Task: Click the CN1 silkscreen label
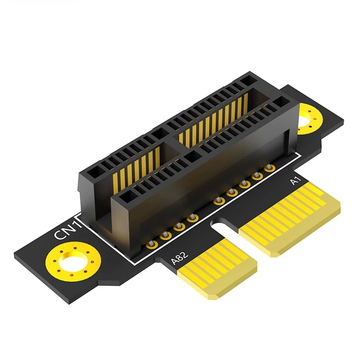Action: coord(67,234)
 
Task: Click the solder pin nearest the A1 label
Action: coord(270,168)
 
